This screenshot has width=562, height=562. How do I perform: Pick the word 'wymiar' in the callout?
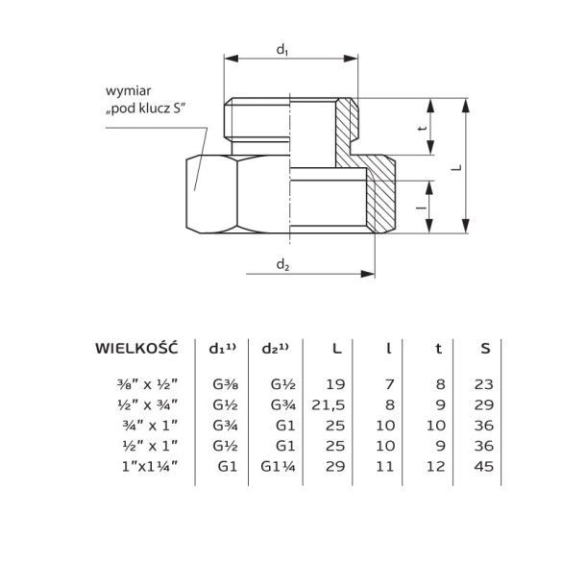pos(124,93)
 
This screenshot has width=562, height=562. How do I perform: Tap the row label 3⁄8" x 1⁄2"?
pos(150,383)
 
